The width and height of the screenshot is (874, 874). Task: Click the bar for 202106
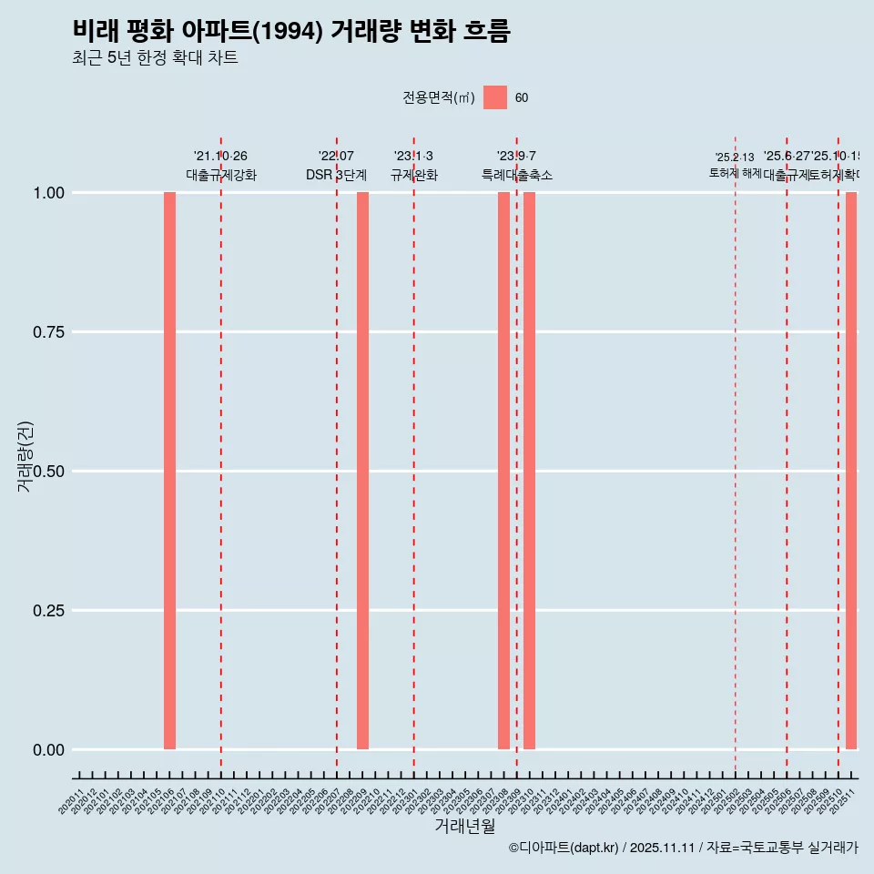(x=169, y=471)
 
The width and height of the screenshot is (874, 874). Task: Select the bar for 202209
(x=362, y=471)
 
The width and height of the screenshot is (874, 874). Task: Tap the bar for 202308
(x=503, y=471)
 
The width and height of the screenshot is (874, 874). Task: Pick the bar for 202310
(x=529, y=471)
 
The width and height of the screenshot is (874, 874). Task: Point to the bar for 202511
(x=851, y=471)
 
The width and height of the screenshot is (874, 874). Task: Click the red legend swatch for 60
(x=495, y=97)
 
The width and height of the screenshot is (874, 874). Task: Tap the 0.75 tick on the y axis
(x=48, y=332)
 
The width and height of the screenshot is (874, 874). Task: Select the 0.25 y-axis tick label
(x=48, y=611)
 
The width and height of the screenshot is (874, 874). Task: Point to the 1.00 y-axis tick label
(x=48, y=193)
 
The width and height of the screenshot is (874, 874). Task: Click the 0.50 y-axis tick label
(x=48, y=472)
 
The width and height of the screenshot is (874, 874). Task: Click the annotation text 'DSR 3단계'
(x=336, y=175)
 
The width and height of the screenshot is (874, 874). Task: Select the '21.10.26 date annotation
(x=220, y=156)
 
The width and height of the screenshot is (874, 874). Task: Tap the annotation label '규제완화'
(x=414, y=175)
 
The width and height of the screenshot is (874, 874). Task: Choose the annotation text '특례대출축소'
(x=517, y=175)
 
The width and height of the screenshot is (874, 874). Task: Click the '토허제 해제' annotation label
(x=735, y=173)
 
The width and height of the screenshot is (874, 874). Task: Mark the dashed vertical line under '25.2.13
(x=735, y=473)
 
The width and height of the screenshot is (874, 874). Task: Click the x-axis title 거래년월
(x=464, y=827)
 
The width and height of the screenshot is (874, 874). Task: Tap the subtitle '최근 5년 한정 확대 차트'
(x=155, y=58)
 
